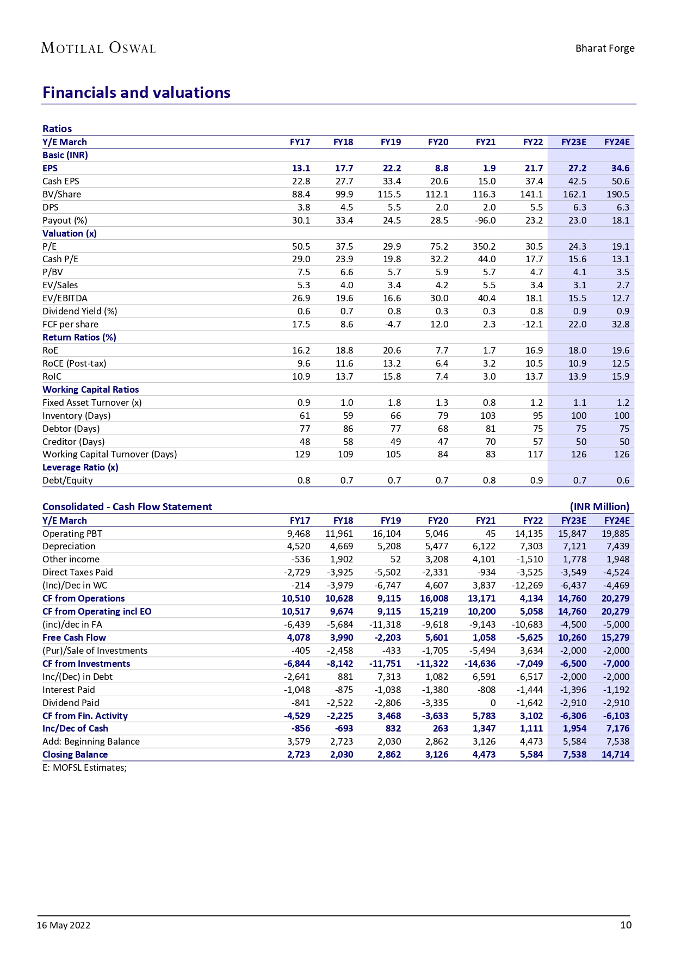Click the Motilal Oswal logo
pos(98,48)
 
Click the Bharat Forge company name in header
pos(605,48)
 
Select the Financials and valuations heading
pos(137,92)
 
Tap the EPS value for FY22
pos(533,168)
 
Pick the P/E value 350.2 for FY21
pos(484,246)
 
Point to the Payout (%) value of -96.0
pos(486,220)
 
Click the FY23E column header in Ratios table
pos(574,142)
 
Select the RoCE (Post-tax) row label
pos(75,363)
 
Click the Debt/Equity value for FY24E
pos(623,480)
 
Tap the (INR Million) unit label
pos(599,506)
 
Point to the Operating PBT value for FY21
pos(491,534)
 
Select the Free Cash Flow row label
pos(75,637)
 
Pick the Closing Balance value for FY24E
pos(615,754)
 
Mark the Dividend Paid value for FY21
pos(493,703)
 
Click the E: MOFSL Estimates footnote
pos(84,767)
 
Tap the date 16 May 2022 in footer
pos(64,925)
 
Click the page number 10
pos(626,925)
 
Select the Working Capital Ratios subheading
pos(91,389)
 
